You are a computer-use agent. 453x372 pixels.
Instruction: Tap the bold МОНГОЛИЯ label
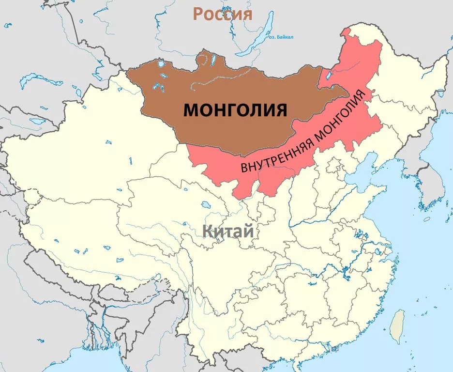(x=235, y=110)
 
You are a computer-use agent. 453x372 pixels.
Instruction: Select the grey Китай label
(x=228, y=231)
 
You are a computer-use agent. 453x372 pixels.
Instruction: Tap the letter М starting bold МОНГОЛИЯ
(x=191, y=110)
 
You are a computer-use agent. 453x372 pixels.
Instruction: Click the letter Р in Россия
(x=198, y=14)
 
